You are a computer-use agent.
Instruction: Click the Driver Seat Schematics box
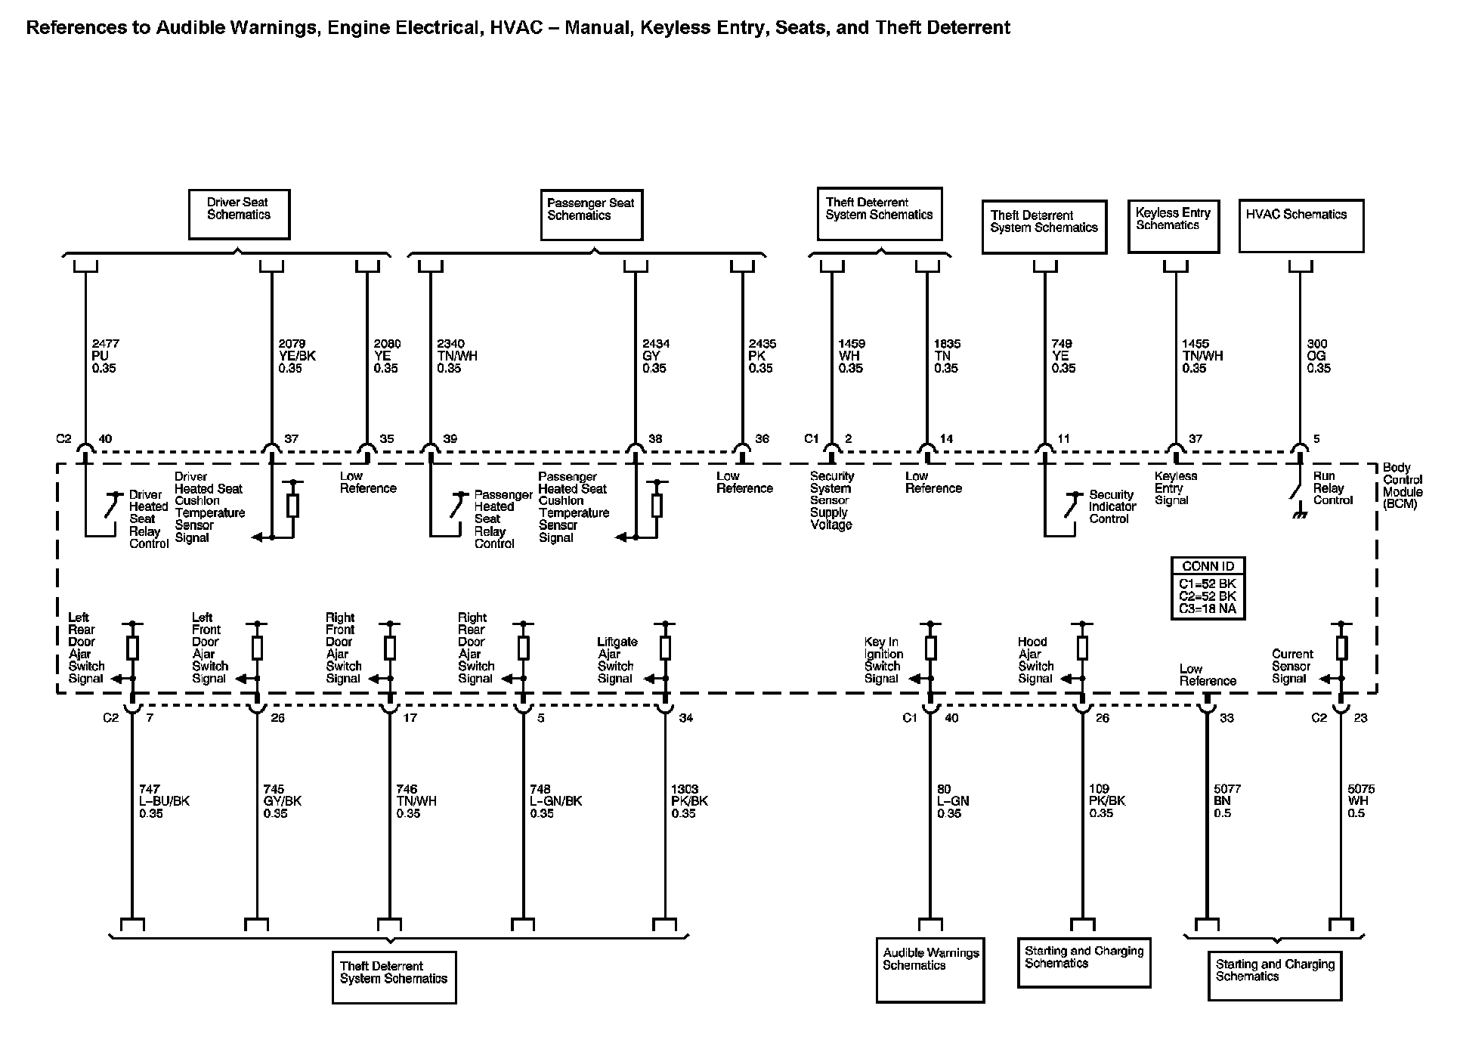click(x=239, y=215)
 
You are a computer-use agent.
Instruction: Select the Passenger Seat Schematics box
click(x=592, y=215)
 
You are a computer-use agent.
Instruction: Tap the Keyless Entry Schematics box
click(x=1173, y=225)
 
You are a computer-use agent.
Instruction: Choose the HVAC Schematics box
click(x=1301, y=225)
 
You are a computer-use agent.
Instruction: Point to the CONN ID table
click(x=1208, y=588)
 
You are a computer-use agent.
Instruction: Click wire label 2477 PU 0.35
click(x=105, y=356)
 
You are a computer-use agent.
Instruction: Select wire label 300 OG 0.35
click(x=1319, y=356)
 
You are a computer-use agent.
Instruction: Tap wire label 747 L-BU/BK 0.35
click(x=164, y=801)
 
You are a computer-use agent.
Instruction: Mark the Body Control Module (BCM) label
click(x=1403, y=486)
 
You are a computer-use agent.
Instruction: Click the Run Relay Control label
click(x=1332, y=488)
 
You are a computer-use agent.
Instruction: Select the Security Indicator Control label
click(x=1112, y=506)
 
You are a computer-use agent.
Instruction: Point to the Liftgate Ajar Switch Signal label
click(x=617, y=660)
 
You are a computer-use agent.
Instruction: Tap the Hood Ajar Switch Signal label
click(x=1035, y=660)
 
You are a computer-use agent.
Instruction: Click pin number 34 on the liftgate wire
click(x=685, y=718)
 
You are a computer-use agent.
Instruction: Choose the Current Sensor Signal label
click(x=1291, y=666)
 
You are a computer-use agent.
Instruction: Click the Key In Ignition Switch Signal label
click(x=883, y=660)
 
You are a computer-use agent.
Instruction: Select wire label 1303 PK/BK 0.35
click(x=690, y=801)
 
